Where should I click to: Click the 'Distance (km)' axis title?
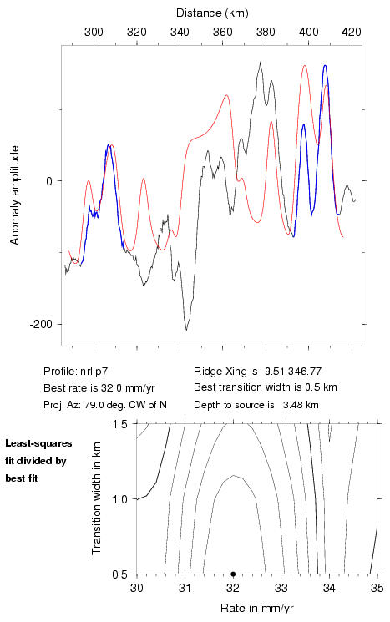[x=212, y=13]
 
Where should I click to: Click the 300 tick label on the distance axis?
[x=94, y=32]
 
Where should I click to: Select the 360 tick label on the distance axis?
[x=223, y=32]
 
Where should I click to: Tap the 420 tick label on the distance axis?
[x=352, y=32]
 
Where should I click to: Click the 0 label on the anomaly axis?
[x=49, y=181]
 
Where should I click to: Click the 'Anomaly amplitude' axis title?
[x=15, y=195]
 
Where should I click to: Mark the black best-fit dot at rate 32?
[x=233, y=574]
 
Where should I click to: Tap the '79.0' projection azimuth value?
[x=94, y=405]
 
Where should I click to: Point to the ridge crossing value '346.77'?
[x=305, y=372]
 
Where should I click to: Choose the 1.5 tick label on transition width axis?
[x=119, y=424]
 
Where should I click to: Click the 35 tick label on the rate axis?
[x=377, y=588]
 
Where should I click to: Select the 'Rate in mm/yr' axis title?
[x=257, y=608]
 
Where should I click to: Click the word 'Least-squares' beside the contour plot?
[x=38, y=443]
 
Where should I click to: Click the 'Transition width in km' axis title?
[x=96, y=498]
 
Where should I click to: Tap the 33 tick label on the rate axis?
[x=281, y=588]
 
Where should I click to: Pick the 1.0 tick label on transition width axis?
[x=119, y=499]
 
